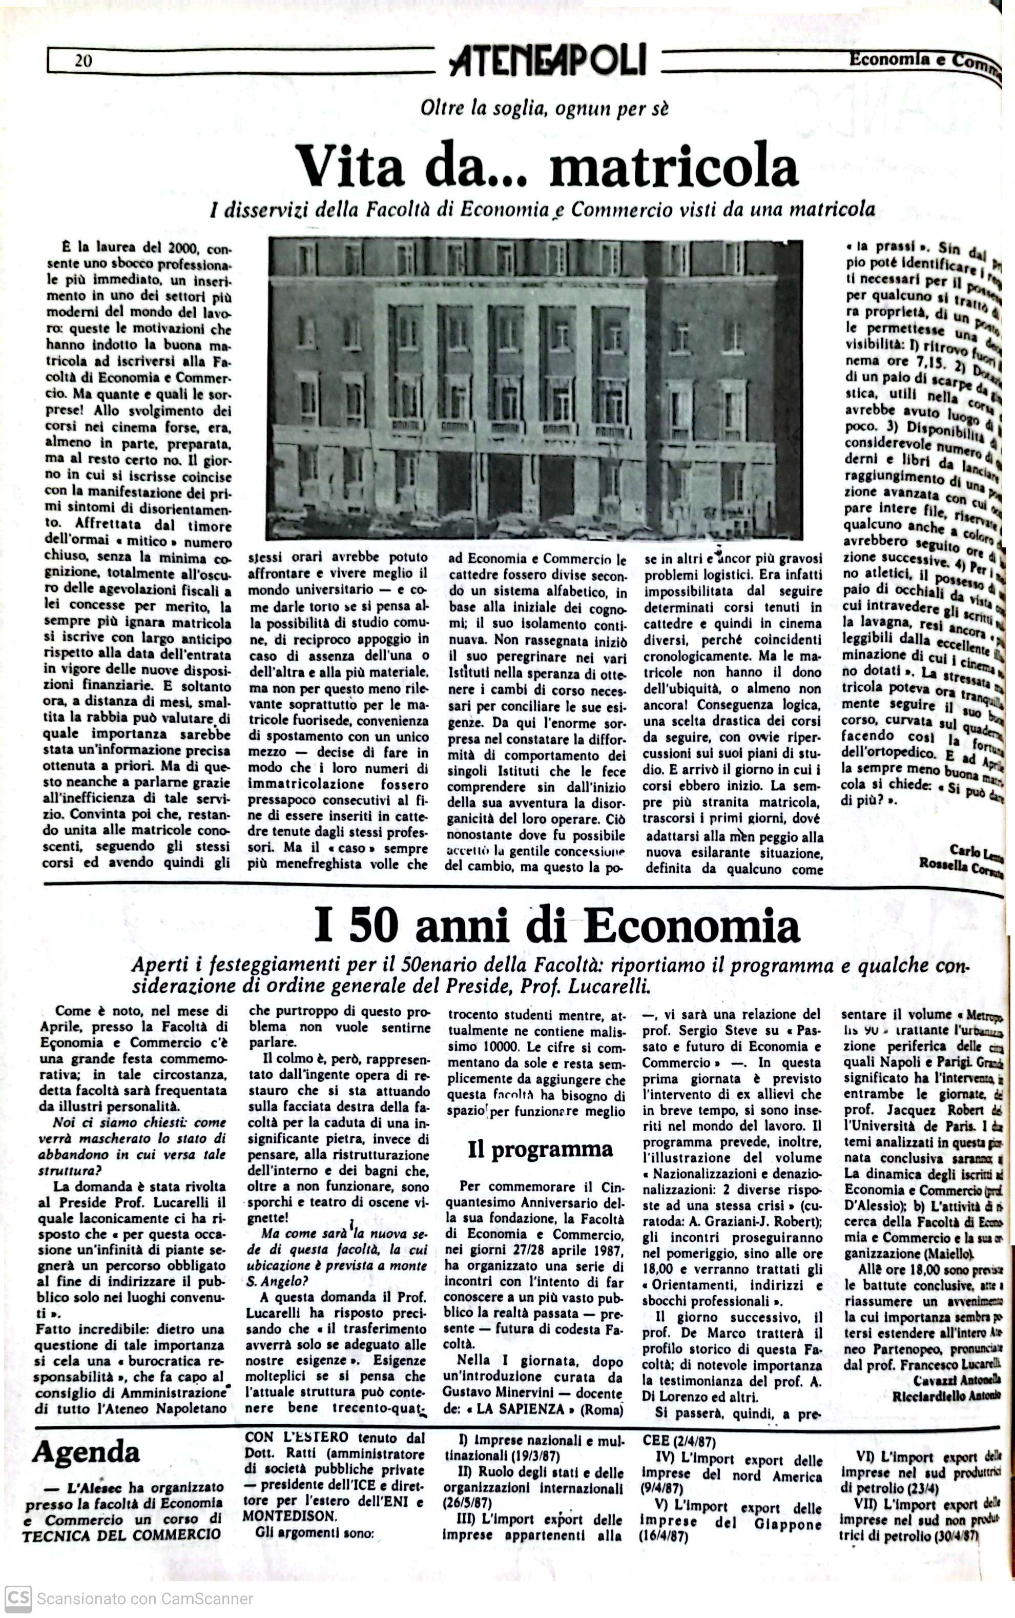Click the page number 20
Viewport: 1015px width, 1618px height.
83,61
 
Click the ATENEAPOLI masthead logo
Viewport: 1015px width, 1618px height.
548,61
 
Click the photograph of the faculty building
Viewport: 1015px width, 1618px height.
534,390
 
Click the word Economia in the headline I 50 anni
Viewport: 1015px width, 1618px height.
691,927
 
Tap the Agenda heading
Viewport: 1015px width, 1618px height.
86,1451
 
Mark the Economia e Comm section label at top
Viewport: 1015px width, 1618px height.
923,60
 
